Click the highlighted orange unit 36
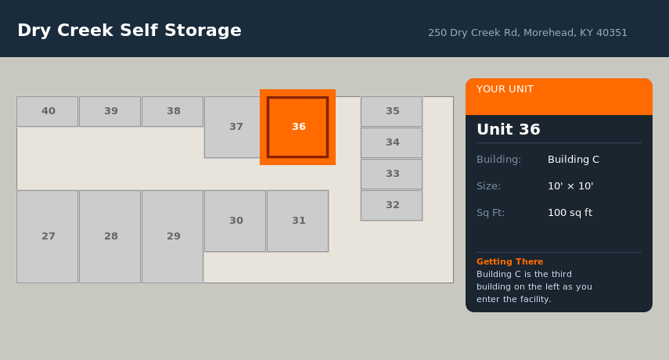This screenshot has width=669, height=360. click(x=298, y=127)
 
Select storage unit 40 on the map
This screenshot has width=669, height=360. click(x=48, y=111)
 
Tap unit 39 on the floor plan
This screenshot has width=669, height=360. click(x=110, y=111)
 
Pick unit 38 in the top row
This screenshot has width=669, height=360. click(x=172, y=111)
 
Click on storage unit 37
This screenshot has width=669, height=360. click(x=233, y=127)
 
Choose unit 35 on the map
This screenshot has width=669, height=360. click(x=392, y=111)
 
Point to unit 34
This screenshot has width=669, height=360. click(x=392, y=143)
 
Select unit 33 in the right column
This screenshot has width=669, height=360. click(x=392, y=174)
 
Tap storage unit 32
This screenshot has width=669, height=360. click(x=392, y=206)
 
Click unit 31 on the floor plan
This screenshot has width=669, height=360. click(x=298, y=221)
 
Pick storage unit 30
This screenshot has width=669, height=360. click(x=235, y=221)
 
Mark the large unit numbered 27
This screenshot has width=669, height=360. click(x=48, y=236)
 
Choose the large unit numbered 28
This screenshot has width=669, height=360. click(x=110, y=236)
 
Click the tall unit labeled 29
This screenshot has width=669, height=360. click(x=172, y=236)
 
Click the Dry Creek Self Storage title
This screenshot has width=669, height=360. click(x=129, y=31)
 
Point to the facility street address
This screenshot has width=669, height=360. click(x=527, y=33)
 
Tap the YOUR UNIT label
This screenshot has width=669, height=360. click(x=505, y=89)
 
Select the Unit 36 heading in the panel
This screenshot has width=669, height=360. click(x=508, y=129)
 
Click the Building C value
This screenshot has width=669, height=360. click(x=574, y=160)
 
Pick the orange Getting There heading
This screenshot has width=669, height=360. click(x=510, y=261)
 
